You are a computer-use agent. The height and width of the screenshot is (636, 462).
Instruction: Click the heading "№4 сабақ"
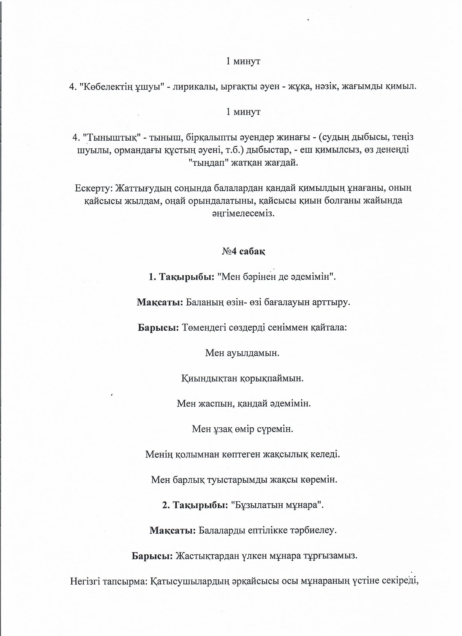243,252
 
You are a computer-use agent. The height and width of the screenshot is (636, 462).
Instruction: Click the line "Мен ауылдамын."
242,353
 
